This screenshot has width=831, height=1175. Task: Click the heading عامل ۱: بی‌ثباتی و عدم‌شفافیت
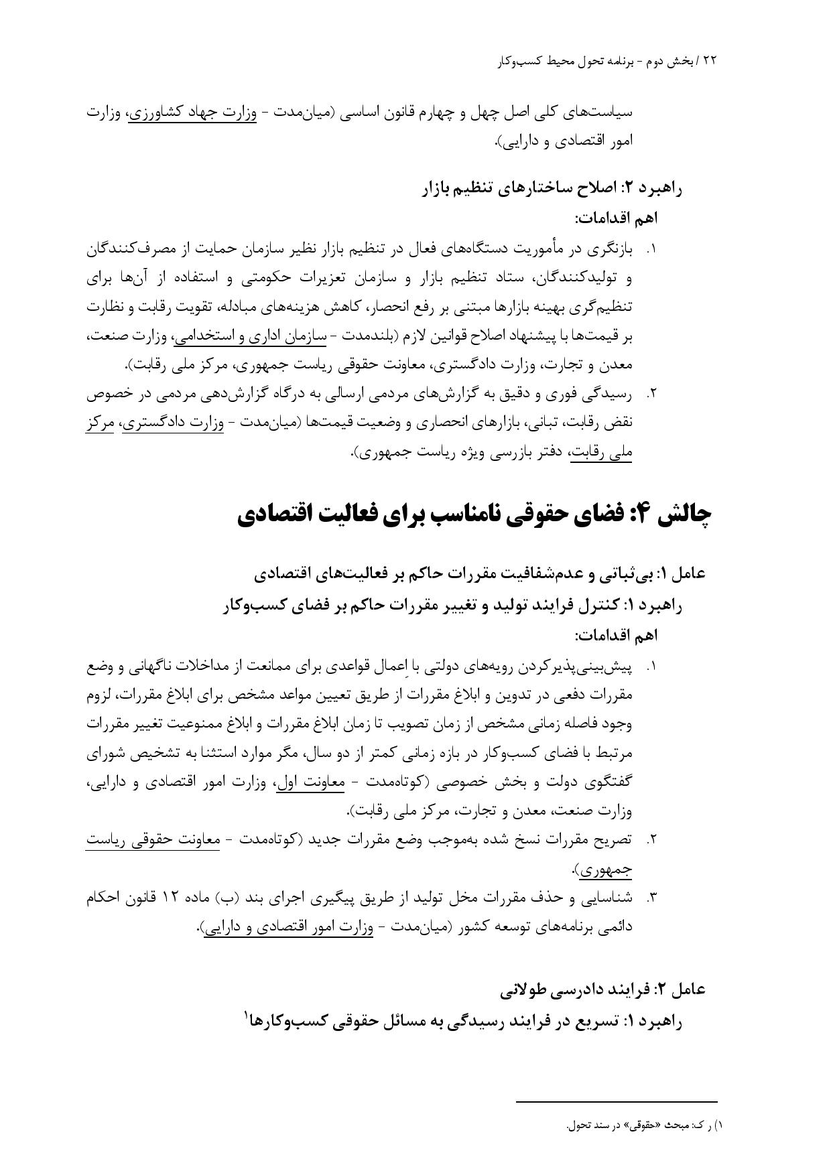480,574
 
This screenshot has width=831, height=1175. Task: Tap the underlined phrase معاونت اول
310,782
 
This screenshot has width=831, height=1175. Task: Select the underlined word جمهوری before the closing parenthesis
605,870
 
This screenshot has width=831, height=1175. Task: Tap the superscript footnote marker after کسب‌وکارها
247,1016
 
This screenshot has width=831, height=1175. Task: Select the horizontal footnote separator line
617,1101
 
